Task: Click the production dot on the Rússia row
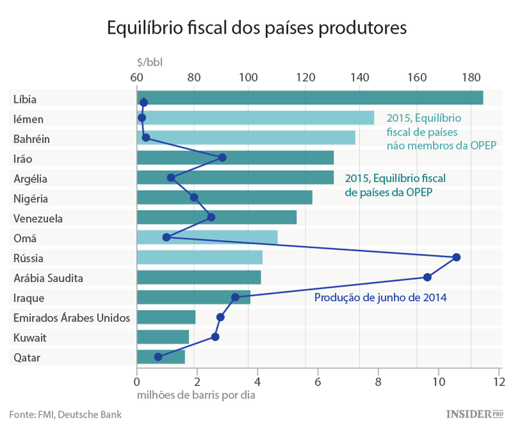(x=456, y=257)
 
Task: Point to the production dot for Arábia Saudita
(x=427, y=277)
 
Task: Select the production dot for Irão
(x=222, y=157)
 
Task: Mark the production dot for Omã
(x=166, y=237)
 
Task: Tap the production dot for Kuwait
(x=215, y=337)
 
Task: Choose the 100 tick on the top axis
(x=248, y=77)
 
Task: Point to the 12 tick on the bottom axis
(x=500, y=381)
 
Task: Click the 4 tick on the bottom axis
(x=257, y=381)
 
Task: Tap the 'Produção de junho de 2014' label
(x=380, y=297)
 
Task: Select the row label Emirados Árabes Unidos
(x=72, y=318)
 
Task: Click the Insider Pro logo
(x=474, y=413)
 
